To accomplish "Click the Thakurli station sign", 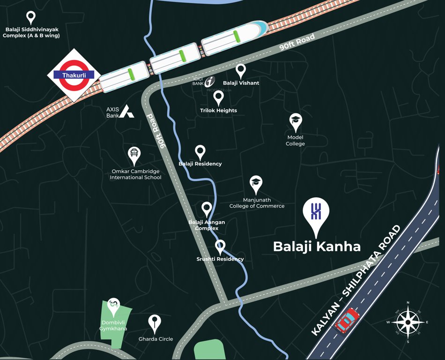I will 74,75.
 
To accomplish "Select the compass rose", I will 408,322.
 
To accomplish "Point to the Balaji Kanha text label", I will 317,247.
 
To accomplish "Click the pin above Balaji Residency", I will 200,151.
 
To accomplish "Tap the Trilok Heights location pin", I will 218,97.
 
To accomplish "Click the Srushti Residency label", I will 220,259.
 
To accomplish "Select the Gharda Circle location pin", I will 155,322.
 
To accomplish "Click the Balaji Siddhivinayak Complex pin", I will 31,18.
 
